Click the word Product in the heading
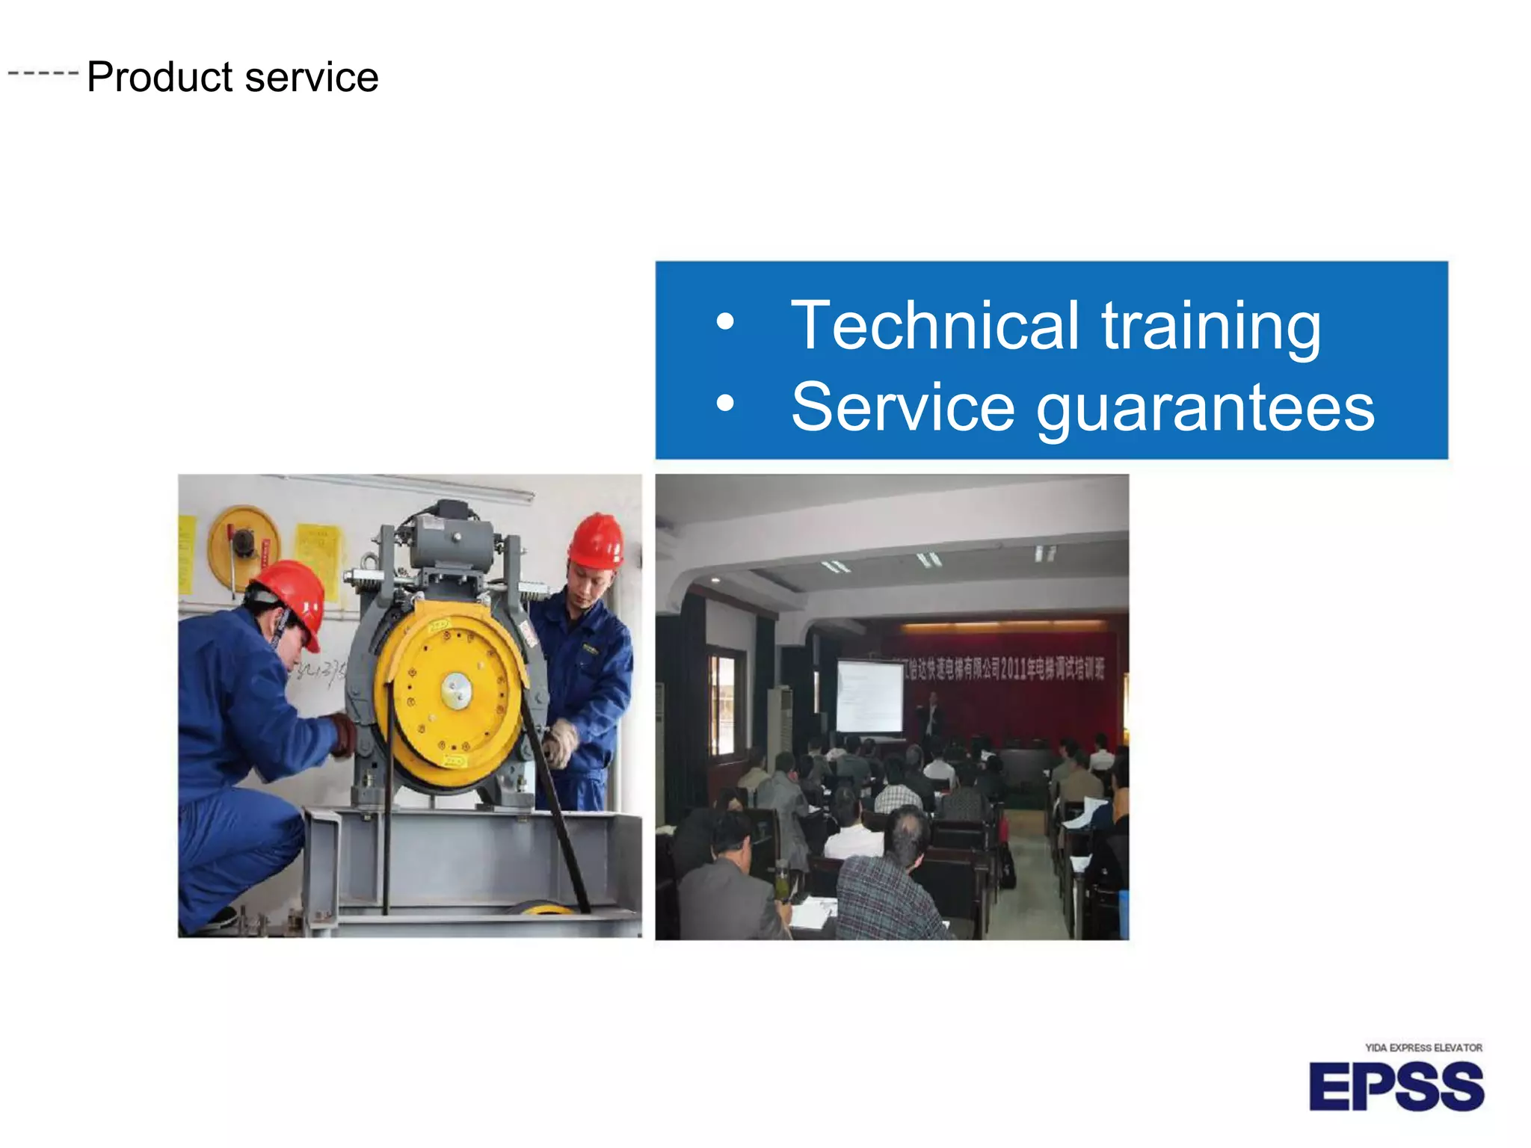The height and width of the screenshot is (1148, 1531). click(x=160, y=77)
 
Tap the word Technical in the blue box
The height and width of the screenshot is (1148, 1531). click(x=934, y=326)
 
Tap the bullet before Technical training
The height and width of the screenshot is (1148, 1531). click(x=724, y=323)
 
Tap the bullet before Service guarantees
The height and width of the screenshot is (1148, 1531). click(x=724, y=404)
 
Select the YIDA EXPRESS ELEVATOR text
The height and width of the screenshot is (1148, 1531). click(x=1423, y=1048)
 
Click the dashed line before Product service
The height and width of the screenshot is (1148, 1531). click(x=43, y=73)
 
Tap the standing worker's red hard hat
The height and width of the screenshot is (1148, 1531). click(x=597, y=540)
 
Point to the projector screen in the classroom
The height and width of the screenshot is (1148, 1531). click(x=869, y=697)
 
